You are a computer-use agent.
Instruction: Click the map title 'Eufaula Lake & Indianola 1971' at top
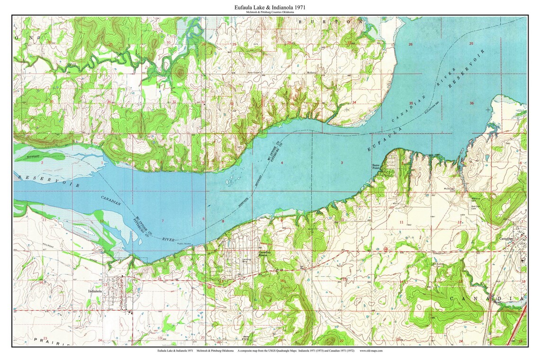(270, 8)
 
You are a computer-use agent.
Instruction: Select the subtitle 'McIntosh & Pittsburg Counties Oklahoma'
(270, 12)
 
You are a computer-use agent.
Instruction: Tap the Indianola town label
(95, 292)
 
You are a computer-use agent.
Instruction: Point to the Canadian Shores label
(263, 253)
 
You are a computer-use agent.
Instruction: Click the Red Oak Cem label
(476, 207)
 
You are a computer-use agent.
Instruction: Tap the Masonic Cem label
(476, 199)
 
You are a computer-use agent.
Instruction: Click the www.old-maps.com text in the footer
(371, 351)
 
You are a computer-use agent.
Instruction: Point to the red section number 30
(168, 43)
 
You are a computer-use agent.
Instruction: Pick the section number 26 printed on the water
(410, 45)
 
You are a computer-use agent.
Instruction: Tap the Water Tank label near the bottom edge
(245, 338)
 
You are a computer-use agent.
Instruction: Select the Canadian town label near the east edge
(506, 239)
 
